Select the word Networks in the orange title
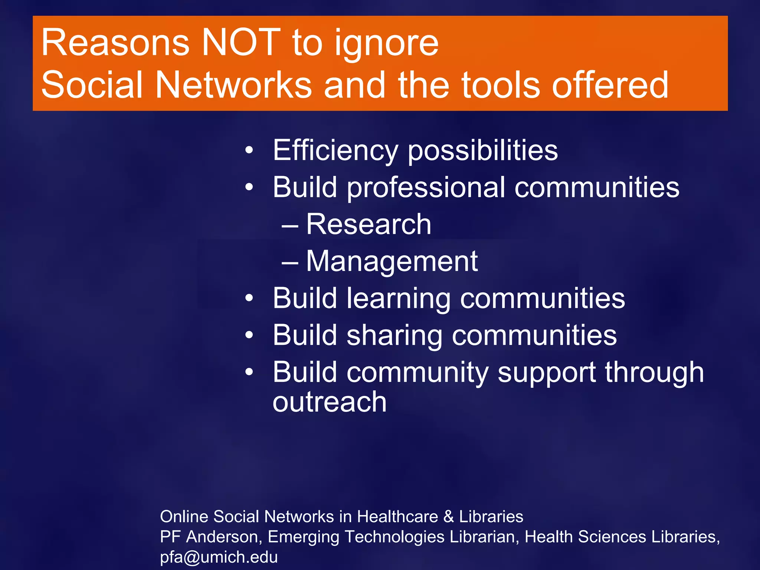[233, 85]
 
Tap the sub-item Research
[368, 225]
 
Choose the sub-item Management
[392, 262]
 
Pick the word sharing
[394, 336]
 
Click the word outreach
[330, 402]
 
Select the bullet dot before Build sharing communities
[249, 335]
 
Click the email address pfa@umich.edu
[219, 557]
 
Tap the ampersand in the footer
[448, 517]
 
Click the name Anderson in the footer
[224, 537]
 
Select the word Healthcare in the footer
[397, 517]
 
